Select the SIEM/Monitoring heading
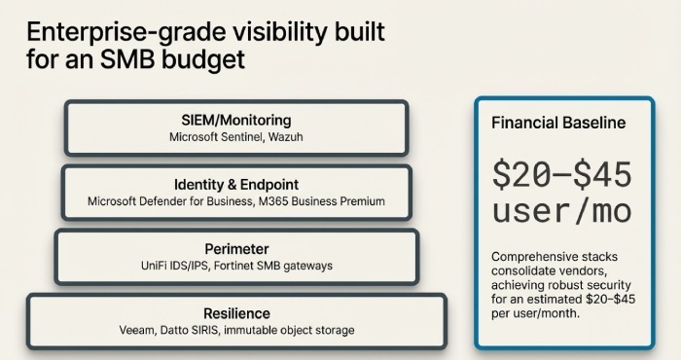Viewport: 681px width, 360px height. [235, 120]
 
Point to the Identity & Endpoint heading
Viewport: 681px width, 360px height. [235, 184]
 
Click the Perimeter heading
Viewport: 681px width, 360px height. [236, 248]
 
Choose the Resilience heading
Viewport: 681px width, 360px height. [236, 313]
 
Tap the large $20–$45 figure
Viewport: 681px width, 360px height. [562, 176]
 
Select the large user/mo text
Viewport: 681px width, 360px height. [562, 212]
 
